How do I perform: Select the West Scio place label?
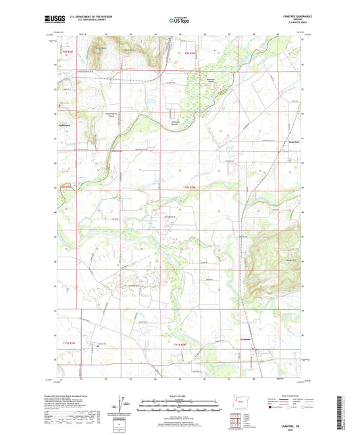pyautogui.click(x=294, y=143)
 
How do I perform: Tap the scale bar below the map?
pyautogui.click(x=178, y=404)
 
